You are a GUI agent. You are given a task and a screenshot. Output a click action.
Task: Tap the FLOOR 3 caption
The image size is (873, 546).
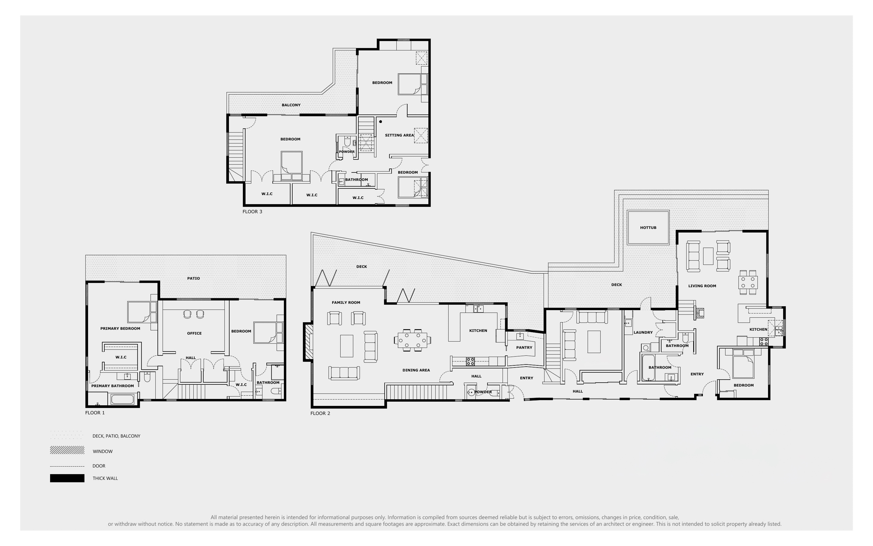(252, 212)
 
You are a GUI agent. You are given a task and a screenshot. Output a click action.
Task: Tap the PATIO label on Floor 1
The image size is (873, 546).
(193, 278)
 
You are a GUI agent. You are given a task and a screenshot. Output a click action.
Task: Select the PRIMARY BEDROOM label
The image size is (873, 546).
(120, 329)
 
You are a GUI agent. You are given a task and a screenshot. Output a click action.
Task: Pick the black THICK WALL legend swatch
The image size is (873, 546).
(67, 478)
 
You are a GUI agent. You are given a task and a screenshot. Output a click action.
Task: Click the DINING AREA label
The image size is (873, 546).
(416, 370)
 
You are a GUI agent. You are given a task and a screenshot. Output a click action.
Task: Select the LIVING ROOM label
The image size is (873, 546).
(702, 286)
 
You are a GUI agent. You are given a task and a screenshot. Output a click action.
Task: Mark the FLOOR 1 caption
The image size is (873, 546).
(95, 413)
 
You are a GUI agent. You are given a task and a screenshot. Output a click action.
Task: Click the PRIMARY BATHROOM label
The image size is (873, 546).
(113, 386)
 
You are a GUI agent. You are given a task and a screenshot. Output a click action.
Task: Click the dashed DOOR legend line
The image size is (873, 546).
(67, 466)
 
